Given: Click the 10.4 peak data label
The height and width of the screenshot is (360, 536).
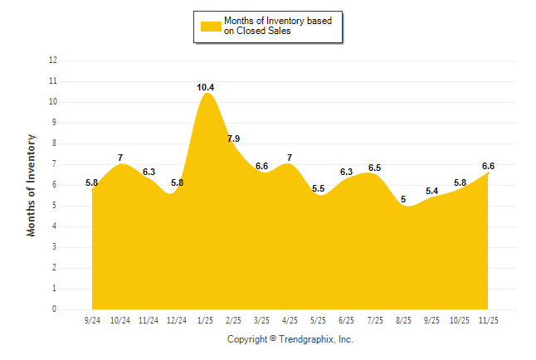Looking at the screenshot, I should point(206,87).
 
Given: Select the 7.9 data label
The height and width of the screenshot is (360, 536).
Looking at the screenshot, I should point(233,138).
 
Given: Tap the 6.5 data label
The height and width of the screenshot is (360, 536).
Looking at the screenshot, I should point(374,168).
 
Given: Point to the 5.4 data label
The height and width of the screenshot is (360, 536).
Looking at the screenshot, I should point(431,191).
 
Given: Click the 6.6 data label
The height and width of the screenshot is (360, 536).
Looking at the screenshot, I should point(489,166).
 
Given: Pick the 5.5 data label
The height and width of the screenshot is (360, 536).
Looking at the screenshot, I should point(318,189).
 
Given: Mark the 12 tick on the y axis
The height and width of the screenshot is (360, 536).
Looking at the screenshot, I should point(53,61).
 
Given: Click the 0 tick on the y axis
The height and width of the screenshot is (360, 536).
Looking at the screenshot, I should point(55,309).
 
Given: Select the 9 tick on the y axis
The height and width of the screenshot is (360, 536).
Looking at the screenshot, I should point(55,123).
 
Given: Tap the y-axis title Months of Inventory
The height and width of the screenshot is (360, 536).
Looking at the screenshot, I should point(32,185).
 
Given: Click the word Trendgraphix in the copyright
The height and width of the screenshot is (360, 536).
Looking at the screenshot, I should point(306,339).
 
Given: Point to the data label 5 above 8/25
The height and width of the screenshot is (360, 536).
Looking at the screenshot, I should point(403,199).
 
